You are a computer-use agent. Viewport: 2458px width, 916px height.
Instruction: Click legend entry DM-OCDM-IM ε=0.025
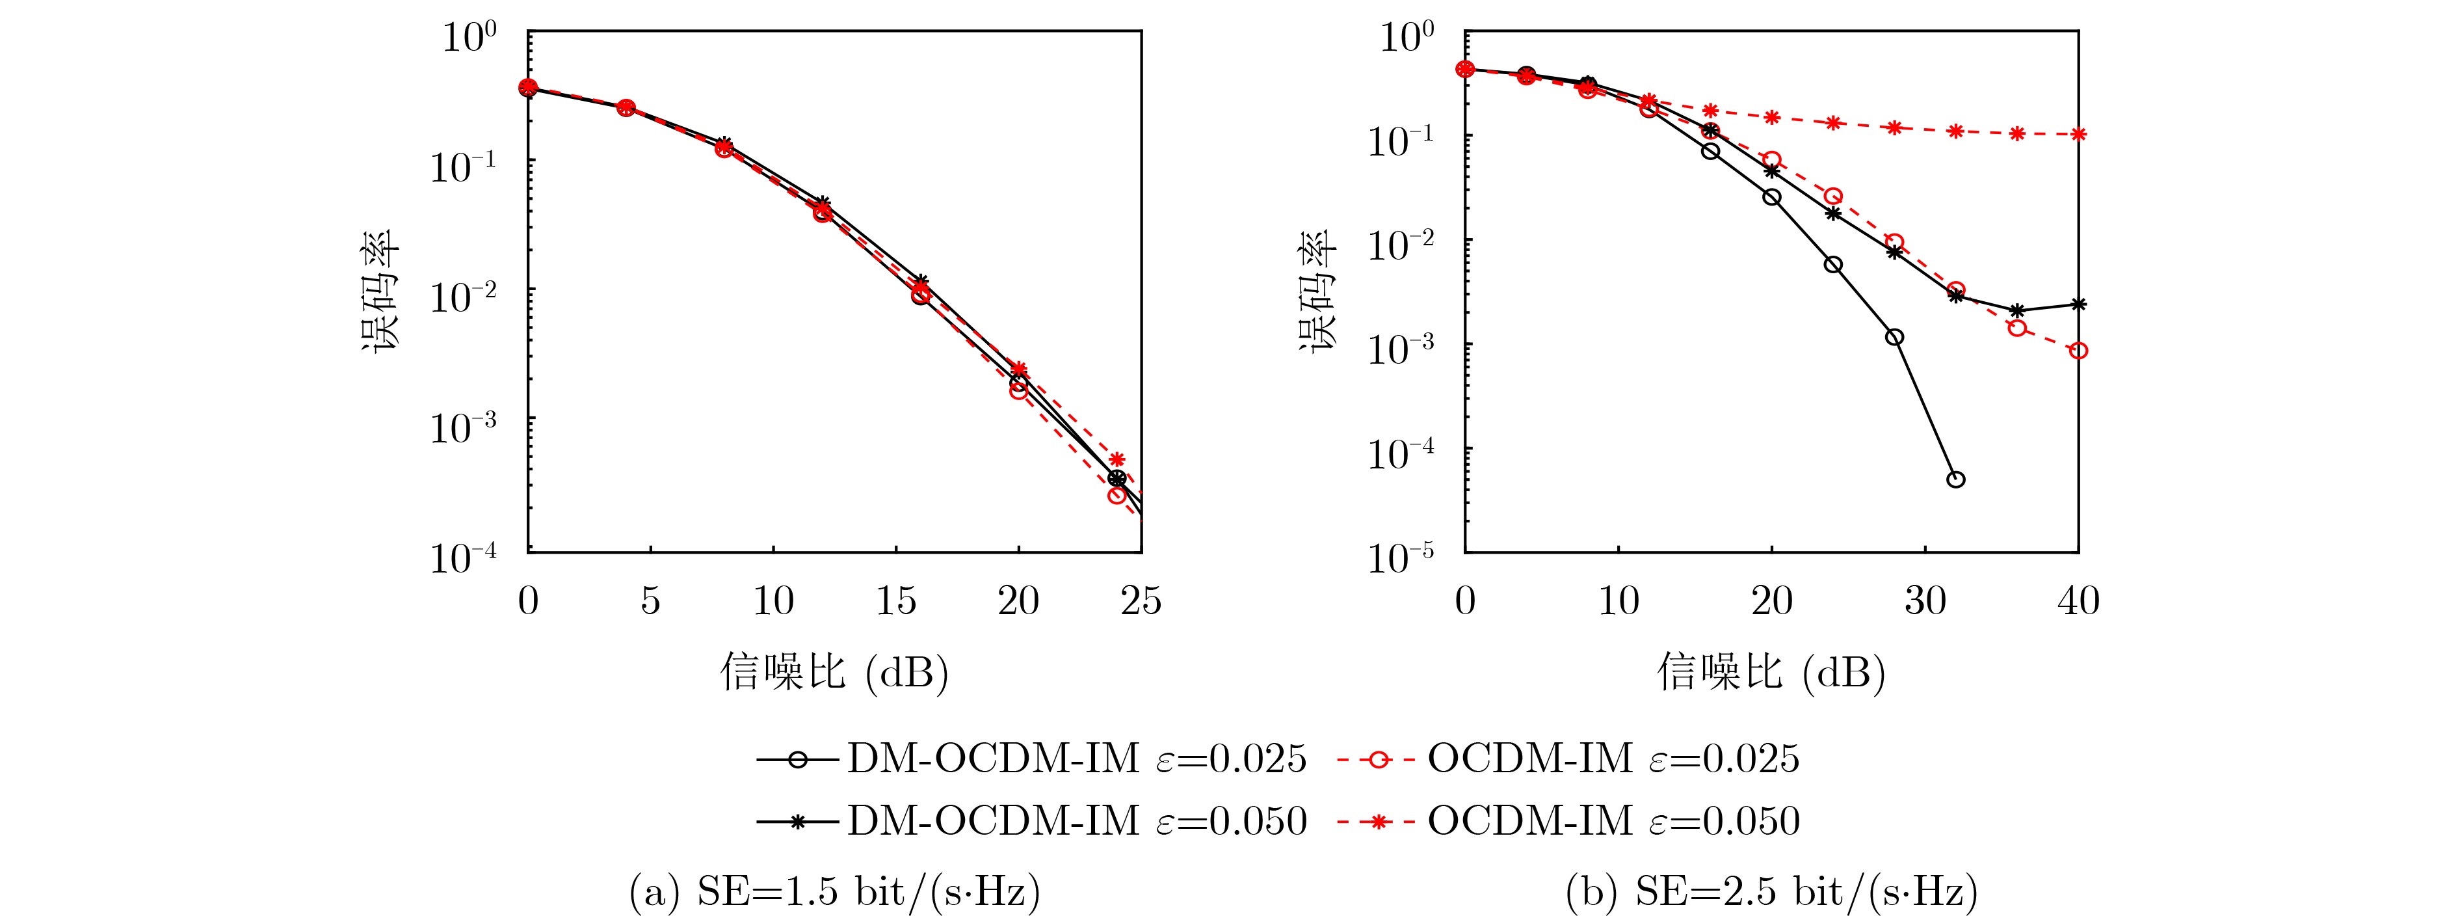(x=1031, y=759)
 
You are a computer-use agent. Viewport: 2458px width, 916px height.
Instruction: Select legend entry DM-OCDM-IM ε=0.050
(x=1031, y=820)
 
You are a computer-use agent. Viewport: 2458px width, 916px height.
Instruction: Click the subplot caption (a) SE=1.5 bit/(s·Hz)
(x=834, y=891)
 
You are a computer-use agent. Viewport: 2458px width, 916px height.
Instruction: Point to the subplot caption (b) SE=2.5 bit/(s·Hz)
(x=1771, y=891)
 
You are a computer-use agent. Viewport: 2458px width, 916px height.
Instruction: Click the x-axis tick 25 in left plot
(x=1141, y=601)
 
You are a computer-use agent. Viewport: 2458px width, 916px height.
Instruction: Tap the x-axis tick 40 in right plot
(x=2078, y=601)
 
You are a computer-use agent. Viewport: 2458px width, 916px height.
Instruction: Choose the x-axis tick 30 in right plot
(x=1925, y=601)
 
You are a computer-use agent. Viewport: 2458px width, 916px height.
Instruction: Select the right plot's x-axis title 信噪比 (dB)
(x=1771, y=673)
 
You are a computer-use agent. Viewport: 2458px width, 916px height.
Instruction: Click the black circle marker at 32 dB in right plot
(x=1955, y=479)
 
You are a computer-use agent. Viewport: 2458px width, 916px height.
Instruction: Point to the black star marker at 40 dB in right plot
(x=2078, y=304)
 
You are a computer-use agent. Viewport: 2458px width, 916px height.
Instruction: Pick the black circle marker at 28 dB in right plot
(x=1894, y=337)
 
